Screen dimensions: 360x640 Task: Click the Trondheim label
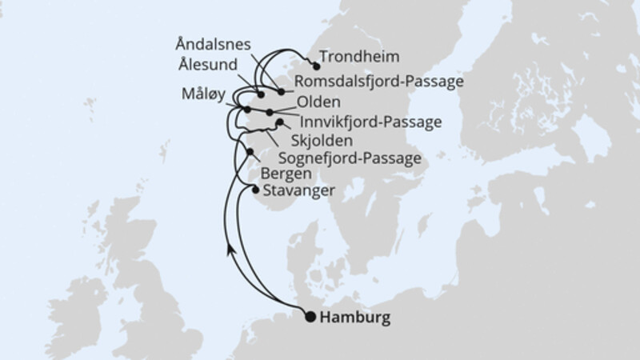point(360,57)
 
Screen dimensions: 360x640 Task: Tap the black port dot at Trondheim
point(316,66)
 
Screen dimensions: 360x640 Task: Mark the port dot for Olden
point(270,112)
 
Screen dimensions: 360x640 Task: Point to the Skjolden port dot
point(279,122)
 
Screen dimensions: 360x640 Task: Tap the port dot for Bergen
point(250,152)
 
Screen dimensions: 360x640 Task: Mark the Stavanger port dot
point(255,190)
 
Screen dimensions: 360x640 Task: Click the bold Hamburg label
point(354,318)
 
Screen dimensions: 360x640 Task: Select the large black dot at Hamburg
point(310,317)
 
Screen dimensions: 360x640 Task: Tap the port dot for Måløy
point(247,109)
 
